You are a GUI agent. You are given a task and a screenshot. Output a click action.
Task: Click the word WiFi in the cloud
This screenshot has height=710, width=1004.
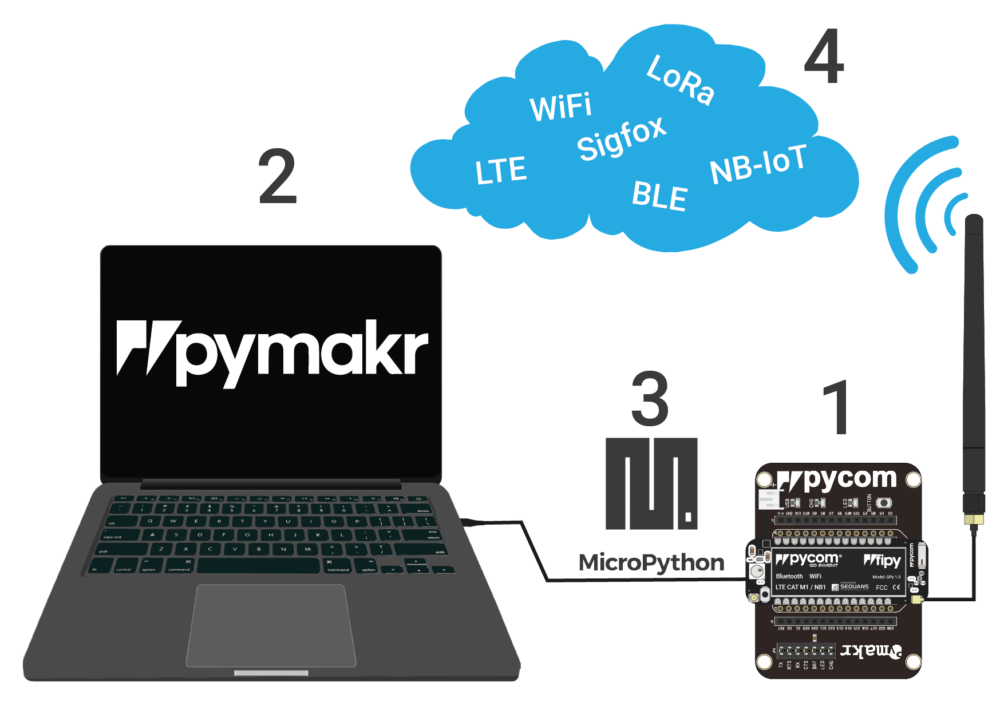(561, 108)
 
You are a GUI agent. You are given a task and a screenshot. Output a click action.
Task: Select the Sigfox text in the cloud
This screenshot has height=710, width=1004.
(622, 139)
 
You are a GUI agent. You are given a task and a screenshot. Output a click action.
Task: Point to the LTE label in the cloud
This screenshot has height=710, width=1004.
(501, 170)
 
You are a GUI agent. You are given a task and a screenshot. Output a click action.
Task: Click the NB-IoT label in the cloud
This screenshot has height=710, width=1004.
(758, 165)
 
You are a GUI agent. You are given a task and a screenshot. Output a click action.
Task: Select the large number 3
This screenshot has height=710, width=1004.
(650, 399)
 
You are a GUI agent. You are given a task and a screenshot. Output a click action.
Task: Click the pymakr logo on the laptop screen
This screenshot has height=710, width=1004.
(272, 352)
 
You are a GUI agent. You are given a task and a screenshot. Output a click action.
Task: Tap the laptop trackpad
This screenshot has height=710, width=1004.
(271, 625)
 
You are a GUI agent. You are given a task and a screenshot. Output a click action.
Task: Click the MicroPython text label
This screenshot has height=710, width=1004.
(651, 563)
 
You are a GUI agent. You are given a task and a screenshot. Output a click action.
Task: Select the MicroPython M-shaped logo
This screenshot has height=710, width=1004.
(651, 483)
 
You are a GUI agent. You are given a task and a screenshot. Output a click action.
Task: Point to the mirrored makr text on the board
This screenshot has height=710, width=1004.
(870, 651)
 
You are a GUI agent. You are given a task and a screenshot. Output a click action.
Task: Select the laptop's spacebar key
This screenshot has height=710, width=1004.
(258, 565)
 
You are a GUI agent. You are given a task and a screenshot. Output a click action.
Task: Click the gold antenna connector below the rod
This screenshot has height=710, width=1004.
(974, 519)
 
